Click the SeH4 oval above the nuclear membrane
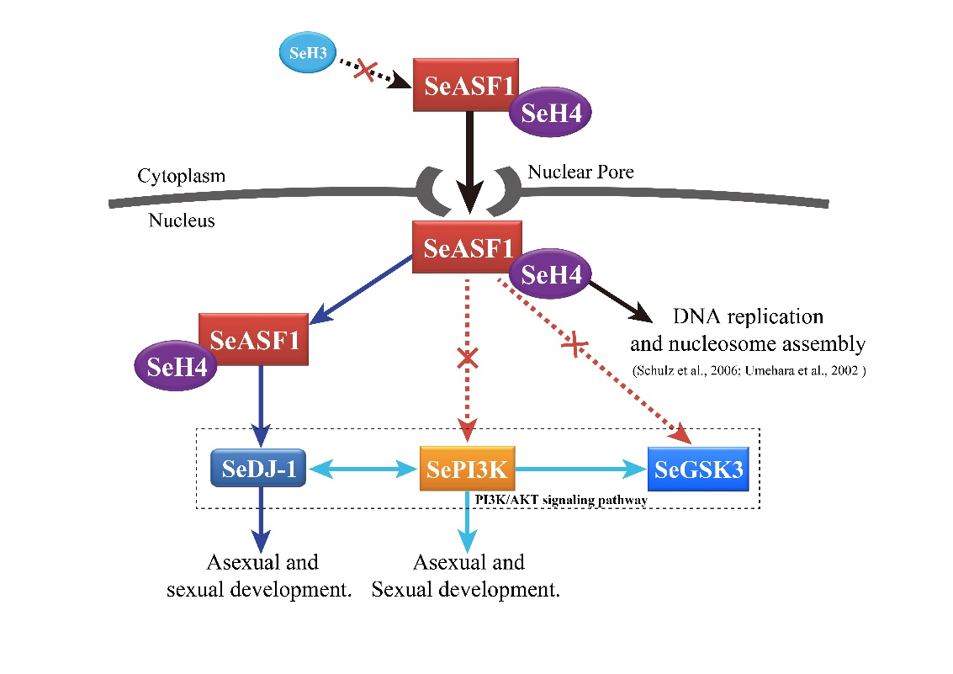coord(550,114)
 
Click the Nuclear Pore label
coord(580,172)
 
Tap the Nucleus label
coord(182,221)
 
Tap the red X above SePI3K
coord(468,359)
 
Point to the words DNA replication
coord(747,317)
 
